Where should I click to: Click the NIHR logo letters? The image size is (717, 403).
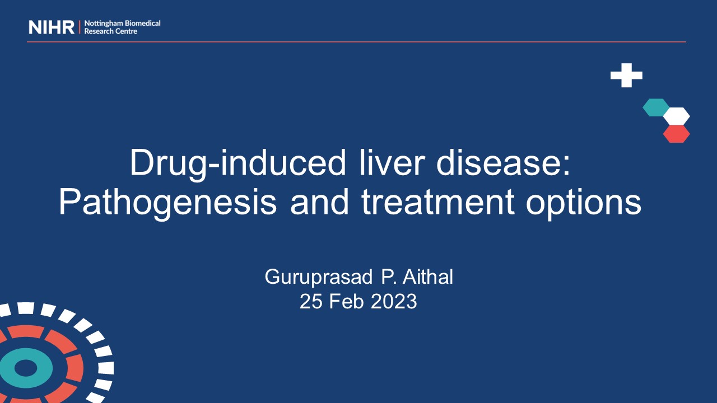coord(51,27)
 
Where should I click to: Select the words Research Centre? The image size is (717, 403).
coord(111,31)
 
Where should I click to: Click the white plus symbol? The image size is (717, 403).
coord(626,75)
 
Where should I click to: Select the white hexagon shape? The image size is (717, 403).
coord(676,116)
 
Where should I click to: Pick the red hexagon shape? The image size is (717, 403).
coord(676,134)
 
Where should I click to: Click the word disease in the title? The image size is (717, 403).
coord(500,162)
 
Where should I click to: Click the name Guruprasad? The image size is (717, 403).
coord(319,277)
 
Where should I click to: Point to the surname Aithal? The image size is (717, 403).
coord(427,277)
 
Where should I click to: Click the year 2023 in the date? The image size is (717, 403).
coord(394,301)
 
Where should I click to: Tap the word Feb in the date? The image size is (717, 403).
coord(346,301)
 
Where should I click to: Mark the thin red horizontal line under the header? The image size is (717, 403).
coord(357,41)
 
